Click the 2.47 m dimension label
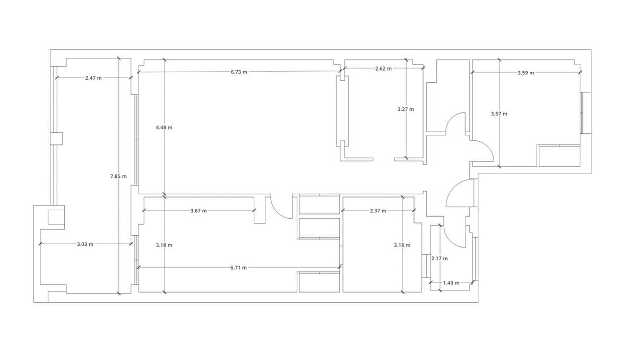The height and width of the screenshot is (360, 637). (93, 78)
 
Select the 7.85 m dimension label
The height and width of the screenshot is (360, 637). (118, 176)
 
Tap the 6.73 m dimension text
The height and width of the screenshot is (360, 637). (239, 72)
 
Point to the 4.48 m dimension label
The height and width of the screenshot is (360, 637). (164, 127)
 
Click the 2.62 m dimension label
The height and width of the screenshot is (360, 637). (383, 68)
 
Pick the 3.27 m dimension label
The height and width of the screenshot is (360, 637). (406, 109)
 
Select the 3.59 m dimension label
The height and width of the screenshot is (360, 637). (526, 73)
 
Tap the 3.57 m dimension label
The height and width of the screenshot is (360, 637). (499, 114)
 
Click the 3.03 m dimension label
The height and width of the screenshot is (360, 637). (85, 244)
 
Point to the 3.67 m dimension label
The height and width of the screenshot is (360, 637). (199, 211)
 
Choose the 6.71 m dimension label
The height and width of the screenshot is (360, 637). (238, 268)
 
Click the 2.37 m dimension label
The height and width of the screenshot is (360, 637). (378, 211)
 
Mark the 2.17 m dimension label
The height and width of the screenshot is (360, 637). (440, 259)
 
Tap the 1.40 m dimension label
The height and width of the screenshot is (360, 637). (451, 283)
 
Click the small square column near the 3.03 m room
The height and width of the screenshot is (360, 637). (56, 217)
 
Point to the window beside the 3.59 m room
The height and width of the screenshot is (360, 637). (586, 113)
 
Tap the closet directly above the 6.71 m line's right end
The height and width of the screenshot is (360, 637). (320, 229)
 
